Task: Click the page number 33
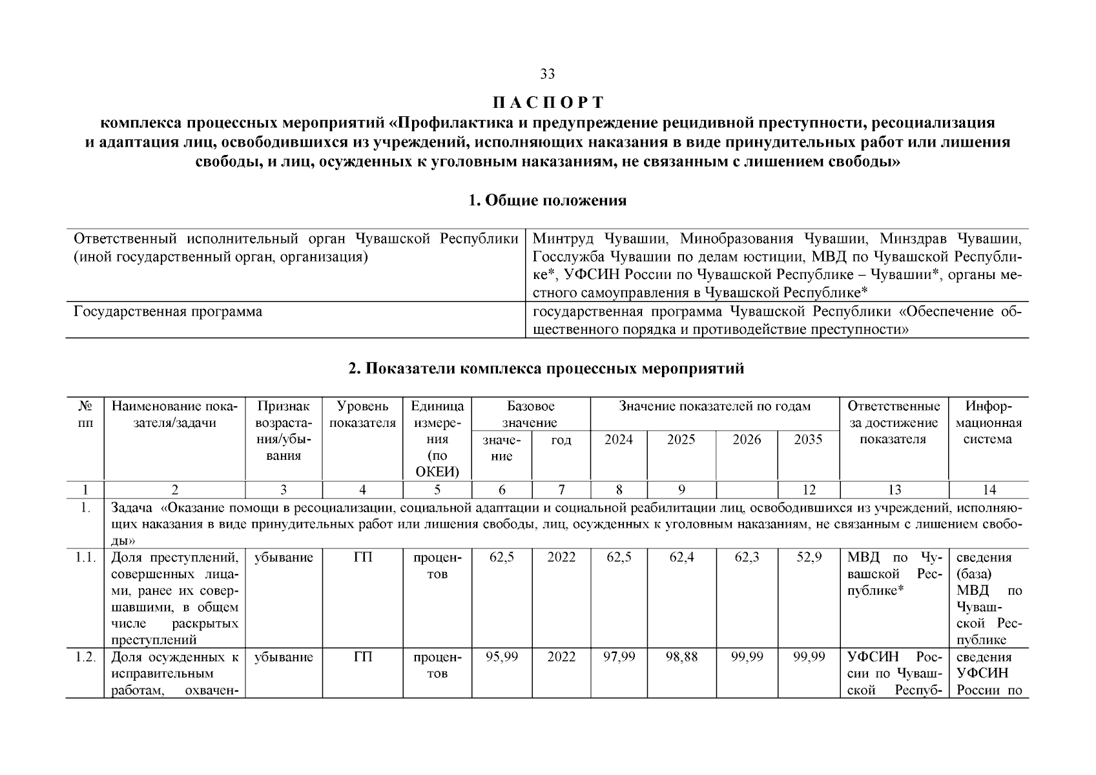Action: [x=547, y=74]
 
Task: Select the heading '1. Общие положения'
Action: [x=547, y=200]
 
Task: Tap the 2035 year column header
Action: [x=808, y=440]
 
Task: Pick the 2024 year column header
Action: [x=618, y=440]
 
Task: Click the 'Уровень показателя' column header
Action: [x=362, y=415]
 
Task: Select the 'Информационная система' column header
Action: [x=988, y=423]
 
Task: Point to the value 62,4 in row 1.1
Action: [x=681, y=557]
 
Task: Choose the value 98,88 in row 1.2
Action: [x=681, y=657]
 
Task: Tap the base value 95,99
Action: [x=501, y=657]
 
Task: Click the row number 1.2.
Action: [x=85, y=657]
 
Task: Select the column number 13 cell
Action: [x=894, y=490]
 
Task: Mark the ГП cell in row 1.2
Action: [x=362, y=657]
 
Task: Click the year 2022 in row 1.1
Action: [x=561, y=557]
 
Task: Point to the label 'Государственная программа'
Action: [x=168, y=312]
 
